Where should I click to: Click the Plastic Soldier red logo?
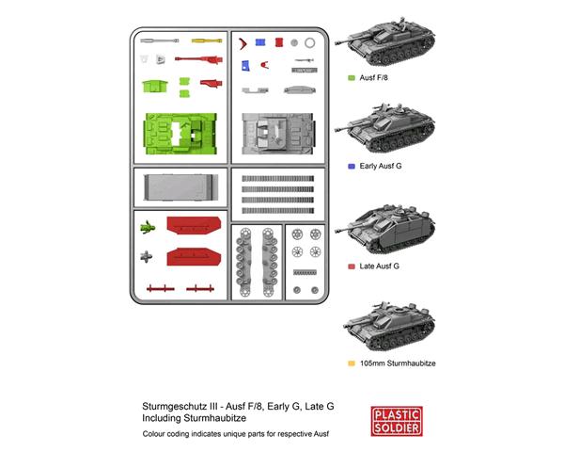pyautogui.click(x=397, y=421)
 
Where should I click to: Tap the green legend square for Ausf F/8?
pyautogui.click(x=352, y=78)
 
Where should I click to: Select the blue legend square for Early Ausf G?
pyautogui.click(x=352, y=166)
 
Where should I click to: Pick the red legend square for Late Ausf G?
pyautogui.click(x=352, y=266)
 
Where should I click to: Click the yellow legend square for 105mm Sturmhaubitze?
pyautogui.click(x=352, y=363)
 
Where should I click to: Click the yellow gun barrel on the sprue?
pyautogui.click(x=207, y=40)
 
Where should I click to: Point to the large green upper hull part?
pyautogui.click(x=180, y=134)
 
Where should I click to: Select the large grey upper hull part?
pyautogui.click(x=278, y=134)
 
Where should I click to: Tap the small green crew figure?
pyautogui.click(x=148, y=227)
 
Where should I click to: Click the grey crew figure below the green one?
pyautogui.click(x=146, y=257)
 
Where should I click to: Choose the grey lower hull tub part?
pyautogui.click(x=180, y=187)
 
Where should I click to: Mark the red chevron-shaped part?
pyautogui.click(x=243, y=43)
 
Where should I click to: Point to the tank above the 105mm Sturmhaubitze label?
pyautogui.click(x=389, y=327)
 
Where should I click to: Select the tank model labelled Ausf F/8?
pyautogui.click(x=384, y=41)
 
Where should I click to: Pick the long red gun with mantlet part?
pyautogui.click(x=199, y=59)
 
